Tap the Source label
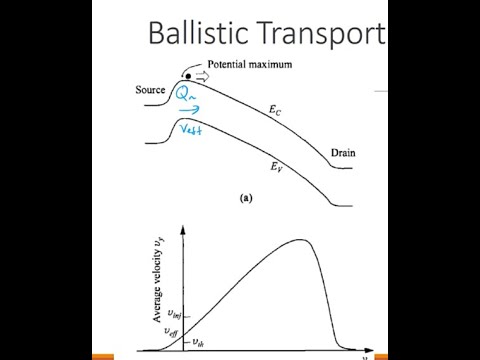click(154, 91)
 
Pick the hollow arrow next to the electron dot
click(201, 75)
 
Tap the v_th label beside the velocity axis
click(197, 340)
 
